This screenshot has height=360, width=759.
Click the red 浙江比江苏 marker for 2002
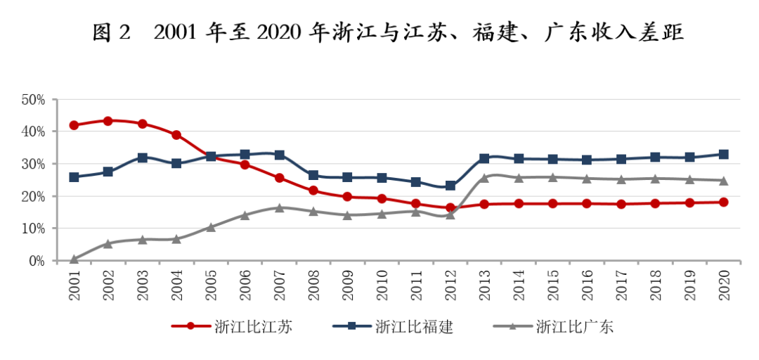pos(108,121)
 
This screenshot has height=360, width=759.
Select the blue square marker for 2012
pos(450,186)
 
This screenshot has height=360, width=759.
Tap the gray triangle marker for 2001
pos(74,259)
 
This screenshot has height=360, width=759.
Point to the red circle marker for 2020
pos(723,202)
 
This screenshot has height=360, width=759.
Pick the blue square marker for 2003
pos(142,157)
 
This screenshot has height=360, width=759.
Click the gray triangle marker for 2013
pos(484,178)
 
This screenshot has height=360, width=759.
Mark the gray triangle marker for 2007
pos(279,207)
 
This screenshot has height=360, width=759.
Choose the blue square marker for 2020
pos(723,154)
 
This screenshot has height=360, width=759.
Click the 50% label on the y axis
pos(33,100)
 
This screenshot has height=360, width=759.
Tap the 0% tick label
pos(36,261)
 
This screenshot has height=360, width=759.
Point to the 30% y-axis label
pos(33,164)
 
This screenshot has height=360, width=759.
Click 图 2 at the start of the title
pos(112,33)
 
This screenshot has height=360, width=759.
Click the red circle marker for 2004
pos(176,135)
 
